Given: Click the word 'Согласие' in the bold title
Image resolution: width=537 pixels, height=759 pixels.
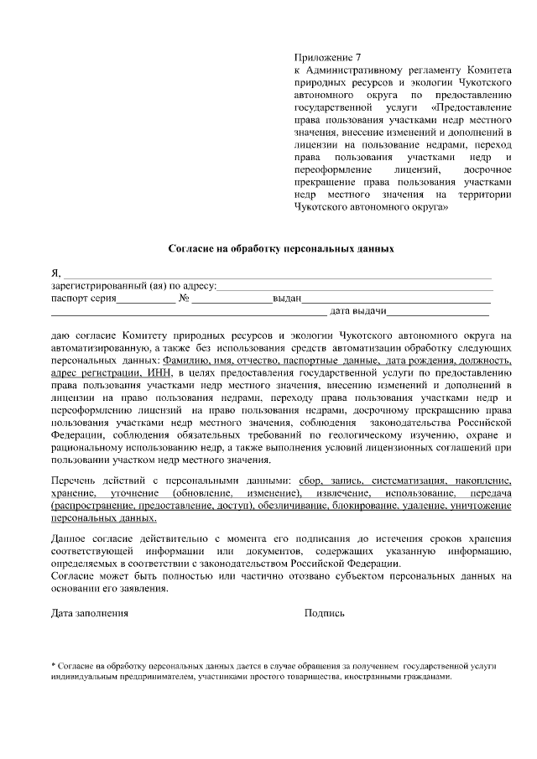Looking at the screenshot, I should point(191,249).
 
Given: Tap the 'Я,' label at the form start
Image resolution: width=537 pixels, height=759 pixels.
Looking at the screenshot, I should point(56,273).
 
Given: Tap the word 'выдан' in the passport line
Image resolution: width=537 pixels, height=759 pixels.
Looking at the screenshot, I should point(286,299).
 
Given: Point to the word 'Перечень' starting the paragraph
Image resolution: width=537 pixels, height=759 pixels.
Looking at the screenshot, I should point(74,481).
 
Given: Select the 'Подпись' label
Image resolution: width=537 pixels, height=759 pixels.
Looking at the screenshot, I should point(324,613).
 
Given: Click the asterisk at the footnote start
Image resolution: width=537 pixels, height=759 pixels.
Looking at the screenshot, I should point(54,664).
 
